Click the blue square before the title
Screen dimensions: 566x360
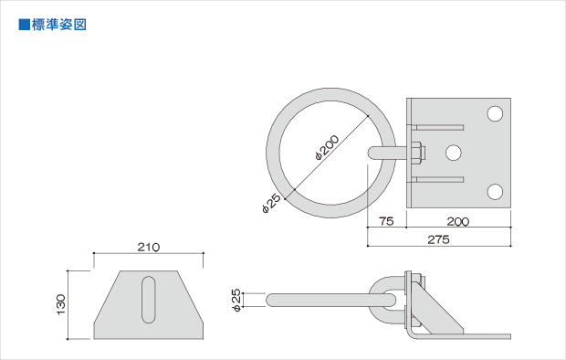click(x=24, y=25)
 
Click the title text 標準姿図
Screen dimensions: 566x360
click(x=58, y=25)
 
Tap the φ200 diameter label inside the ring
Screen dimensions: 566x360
click(x=327, y=147)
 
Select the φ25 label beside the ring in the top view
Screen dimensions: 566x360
click(x=271, y=204)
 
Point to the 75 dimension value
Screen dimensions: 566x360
click(x=386, y=221)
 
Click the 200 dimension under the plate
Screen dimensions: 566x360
click(x=457, y=221)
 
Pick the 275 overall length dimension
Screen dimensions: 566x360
click(x=438, y=239)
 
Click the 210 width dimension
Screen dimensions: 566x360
click(x=149, y=248)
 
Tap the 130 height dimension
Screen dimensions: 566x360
click(x=61, y=304)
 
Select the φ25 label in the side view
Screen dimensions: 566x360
click(x=236, y=300)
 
